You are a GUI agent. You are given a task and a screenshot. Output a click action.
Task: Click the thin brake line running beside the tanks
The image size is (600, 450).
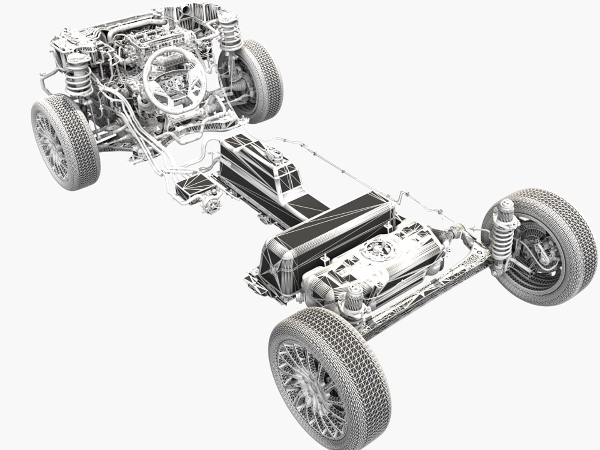(333, 167)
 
